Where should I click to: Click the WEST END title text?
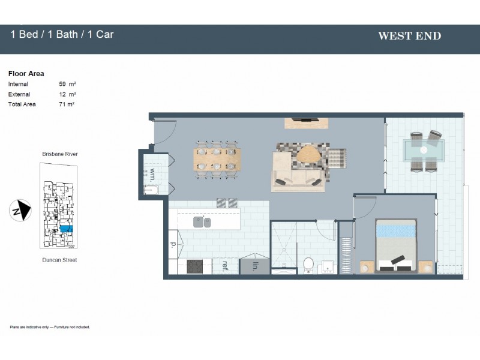point(409,36)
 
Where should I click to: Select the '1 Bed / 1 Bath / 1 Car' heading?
point(62,34)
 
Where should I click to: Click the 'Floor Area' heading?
point(26,74)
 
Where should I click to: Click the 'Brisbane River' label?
point(60,154)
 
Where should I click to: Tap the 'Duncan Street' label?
point(59,260)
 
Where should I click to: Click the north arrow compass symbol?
point(21,210)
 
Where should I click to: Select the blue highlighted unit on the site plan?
point(66,229)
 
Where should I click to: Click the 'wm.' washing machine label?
point(152,175)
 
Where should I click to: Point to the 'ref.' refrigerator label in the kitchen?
point(224,265)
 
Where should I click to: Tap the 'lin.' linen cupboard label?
point(254,266)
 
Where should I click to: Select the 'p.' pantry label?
point(173,245)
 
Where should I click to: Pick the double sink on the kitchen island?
point(202,222)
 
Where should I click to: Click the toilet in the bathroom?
point(308,264)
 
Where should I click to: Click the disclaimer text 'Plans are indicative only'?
point(50,327)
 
